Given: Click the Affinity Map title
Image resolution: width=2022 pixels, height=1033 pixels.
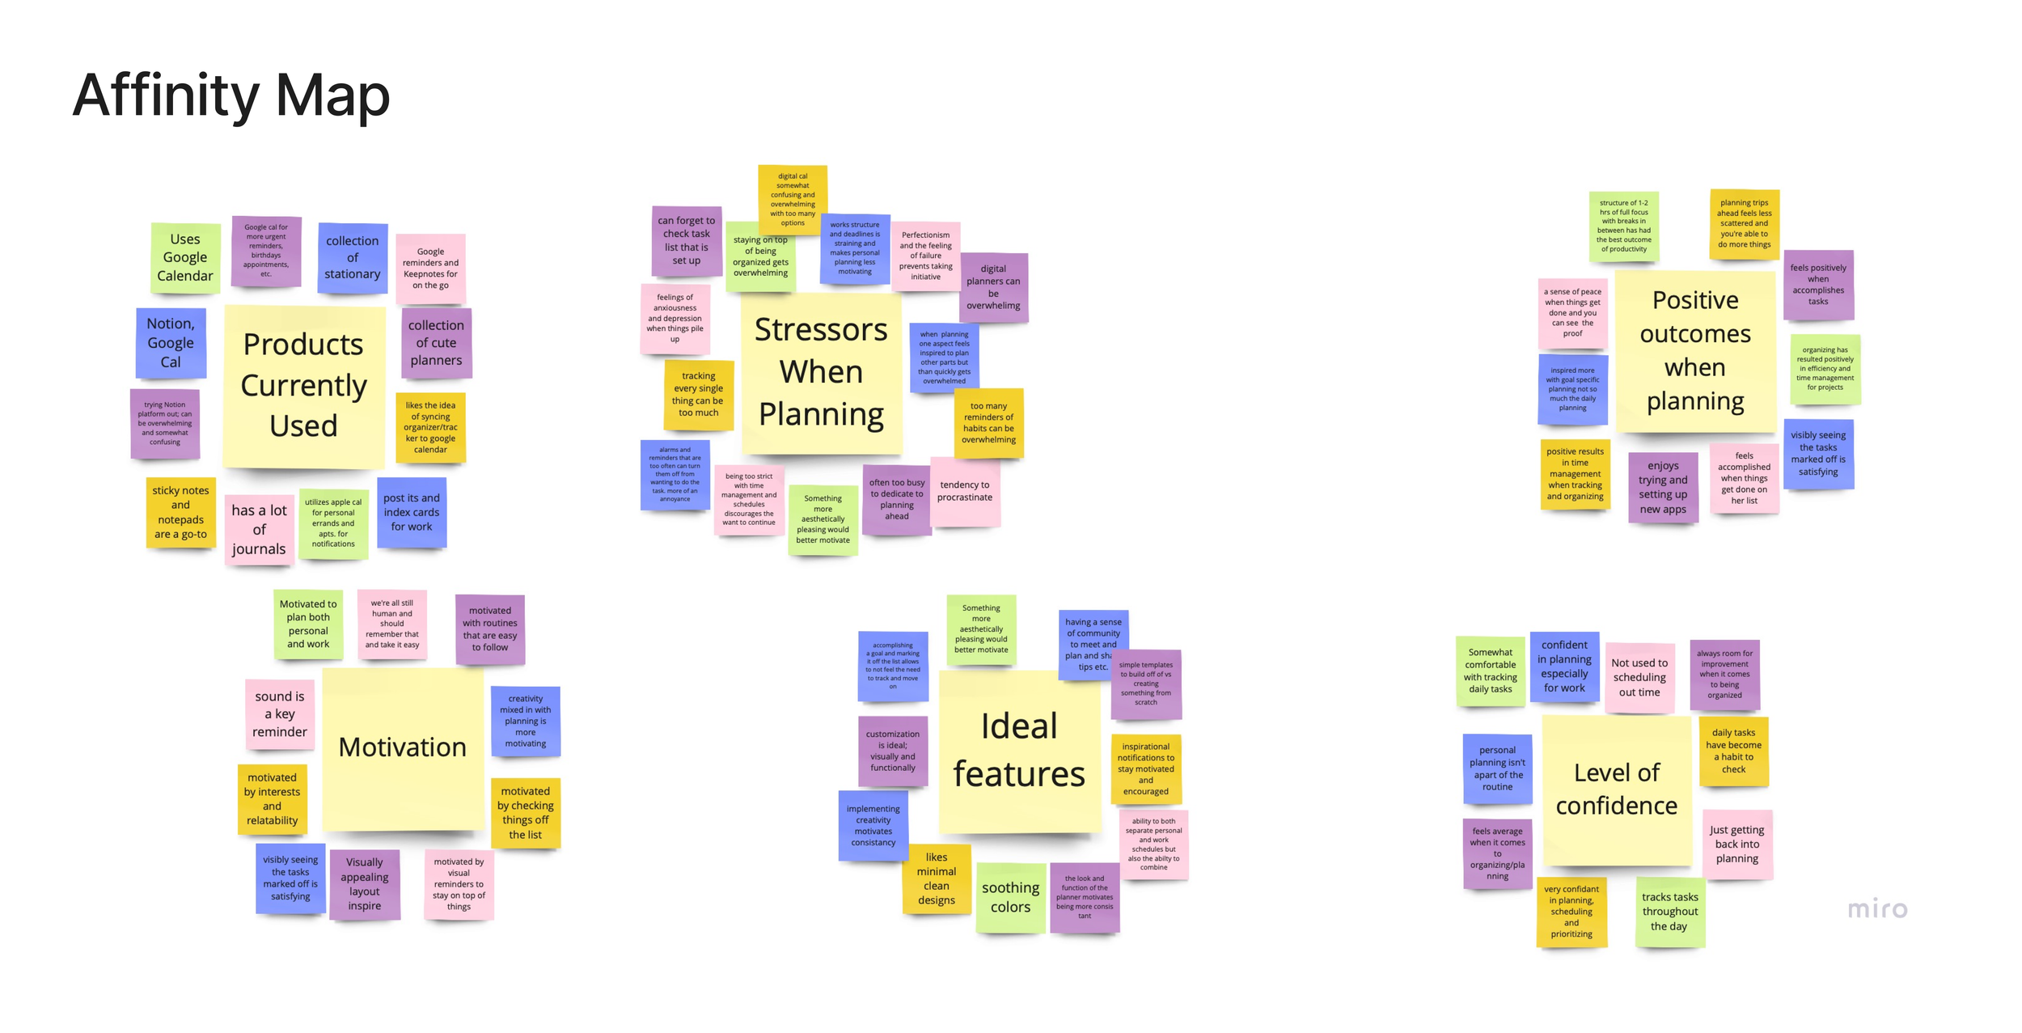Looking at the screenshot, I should click(231, 95).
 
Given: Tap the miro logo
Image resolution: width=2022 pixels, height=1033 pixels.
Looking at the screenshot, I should click(1876, 909).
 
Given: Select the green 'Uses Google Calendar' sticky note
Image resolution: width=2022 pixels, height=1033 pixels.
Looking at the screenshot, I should click(185, 257).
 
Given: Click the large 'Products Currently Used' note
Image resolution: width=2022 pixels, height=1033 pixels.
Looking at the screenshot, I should click(303, 386).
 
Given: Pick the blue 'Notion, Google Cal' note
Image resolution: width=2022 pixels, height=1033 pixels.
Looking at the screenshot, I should click(171, 343).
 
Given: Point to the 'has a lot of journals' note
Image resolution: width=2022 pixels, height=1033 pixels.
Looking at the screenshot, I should click(259, 530).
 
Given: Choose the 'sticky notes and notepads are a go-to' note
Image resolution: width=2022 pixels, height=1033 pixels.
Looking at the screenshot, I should click(180, 512).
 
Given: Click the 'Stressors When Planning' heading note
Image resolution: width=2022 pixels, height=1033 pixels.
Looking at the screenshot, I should click(821, 372).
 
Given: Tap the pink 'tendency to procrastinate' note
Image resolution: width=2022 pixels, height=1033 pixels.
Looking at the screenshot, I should click(964, 491).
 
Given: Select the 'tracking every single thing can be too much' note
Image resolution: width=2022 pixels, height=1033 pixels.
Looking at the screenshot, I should click(698, 394).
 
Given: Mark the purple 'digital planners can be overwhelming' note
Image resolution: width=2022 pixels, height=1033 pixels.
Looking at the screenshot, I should click(993, 287).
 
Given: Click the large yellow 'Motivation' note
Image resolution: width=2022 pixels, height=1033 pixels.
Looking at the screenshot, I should click(402, 747).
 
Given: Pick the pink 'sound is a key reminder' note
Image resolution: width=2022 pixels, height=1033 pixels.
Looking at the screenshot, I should click(280, 713).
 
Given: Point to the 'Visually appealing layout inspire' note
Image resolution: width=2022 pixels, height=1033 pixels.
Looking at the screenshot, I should click(365, 883).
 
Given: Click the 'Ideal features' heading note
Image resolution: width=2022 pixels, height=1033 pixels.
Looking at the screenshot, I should click(1019, 750).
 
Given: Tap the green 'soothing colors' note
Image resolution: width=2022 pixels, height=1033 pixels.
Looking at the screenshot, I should click(1010, 897).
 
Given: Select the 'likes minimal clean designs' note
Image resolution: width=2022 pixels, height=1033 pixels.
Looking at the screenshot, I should click(937, 878).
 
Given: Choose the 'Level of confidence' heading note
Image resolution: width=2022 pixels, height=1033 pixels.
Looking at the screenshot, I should click(1616, 790).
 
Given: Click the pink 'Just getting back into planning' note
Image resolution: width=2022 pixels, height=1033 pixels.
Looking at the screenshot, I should click(1736, 844).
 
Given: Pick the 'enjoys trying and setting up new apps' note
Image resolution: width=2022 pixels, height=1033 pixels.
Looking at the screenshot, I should click(1663, 487).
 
